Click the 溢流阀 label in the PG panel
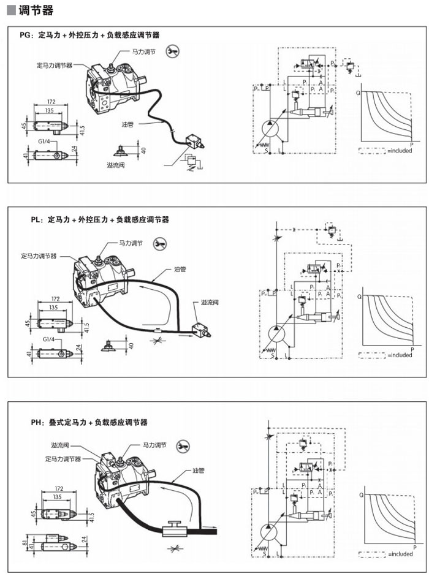pyautogui.click(x=116, y=165)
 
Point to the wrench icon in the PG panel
pyautogui.click(x=173, y=50)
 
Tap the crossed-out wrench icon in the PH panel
pyautogui.click(x=182, y=447)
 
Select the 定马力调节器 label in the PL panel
pyautogui.click(x=39, y=256)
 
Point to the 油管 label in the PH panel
pyautogui.click(x=197, y=471)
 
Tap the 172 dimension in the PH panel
pyautogui.click(x=59, y=489)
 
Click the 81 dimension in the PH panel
pyautogui.click(x=23, y=543)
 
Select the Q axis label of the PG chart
pyautogui.click(x=358, y=93)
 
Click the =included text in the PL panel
pyautogui.click(x=400, y=355)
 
